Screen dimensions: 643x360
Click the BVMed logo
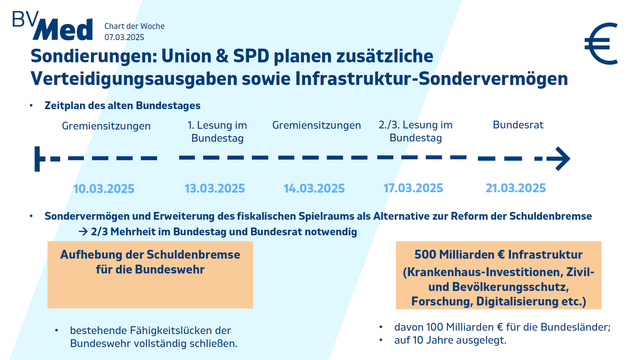click(53, 26)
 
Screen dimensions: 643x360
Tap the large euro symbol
click(601, 43)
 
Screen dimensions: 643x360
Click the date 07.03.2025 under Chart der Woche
click(124, 37)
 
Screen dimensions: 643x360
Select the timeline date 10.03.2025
click(104, 189)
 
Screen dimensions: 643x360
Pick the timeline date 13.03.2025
click(215, 188)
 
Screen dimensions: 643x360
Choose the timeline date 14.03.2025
click(314, 188)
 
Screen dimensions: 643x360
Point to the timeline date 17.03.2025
click(413, 188)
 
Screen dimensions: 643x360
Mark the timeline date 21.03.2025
click(516, 188)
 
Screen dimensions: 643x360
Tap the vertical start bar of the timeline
click(37, 159)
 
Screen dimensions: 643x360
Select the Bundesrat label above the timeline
click(518, 125)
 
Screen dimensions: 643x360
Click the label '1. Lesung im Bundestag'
click(217, 132)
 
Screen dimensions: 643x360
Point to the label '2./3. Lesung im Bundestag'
click(416, 131)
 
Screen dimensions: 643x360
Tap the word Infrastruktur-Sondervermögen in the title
click(432, 79)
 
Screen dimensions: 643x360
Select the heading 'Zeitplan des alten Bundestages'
click(122, 105)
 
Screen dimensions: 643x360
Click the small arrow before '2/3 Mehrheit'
click(83, 232)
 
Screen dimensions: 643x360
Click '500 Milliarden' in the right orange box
click(455, 255)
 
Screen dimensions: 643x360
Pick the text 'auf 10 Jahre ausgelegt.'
click(450, 340)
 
